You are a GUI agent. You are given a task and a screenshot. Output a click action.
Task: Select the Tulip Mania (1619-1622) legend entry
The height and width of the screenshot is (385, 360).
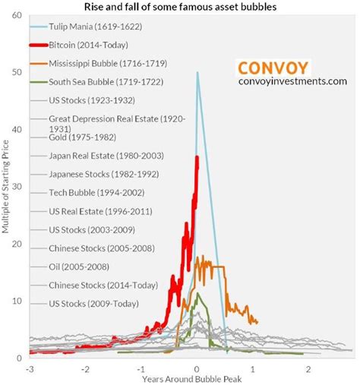87,26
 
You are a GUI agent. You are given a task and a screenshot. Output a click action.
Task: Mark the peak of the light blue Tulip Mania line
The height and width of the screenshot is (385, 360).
197,73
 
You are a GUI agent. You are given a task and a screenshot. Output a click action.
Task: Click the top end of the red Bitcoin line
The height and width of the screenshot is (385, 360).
197,157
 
